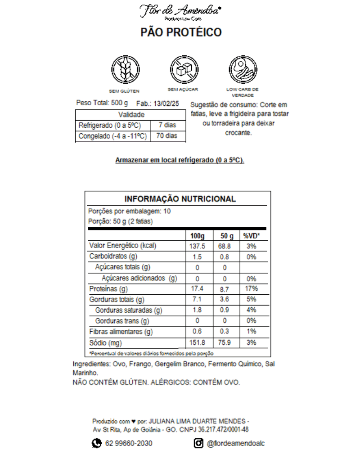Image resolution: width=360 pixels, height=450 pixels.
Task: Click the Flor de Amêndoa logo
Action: click(x=180, y=12)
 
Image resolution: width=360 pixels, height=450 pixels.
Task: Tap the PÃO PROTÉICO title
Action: click(x=181, y=32)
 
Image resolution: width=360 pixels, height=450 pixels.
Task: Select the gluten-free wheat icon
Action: click(x=124, y=69)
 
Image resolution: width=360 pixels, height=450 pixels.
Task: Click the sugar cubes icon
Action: click(x=183, y=69)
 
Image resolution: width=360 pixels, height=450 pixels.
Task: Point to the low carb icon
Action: click(x=243, y=69)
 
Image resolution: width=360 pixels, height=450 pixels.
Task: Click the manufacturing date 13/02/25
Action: click(x=166, y=103)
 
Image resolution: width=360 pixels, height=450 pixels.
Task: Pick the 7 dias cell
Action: click(x=167, y=125)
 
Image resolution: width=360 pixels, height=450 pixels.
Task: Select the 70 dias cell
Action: click(x=167, y=136)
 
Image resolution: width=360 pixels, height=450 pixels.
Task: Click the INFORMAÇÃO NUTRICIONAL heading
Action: click(x=180, y=199)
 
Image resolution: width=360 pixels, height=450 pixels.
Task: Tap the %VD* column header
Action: click(x=252, y=236)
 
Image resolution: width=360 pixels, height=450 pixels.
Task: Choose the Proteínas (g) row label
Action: click(x=109, y=289)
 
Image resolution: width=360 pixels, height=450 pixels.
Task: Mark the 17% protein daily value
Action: click(x=252, y=289)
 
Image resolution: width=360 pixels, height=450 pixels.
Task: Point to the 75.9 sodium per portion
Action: click(x=225, y=343)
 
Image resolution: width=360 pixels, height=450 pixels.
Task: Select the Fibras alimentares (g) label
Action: click(x=121, y=332)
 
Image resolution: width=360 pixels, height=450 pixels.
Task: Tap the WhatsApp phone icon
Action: click(x=96, y=443)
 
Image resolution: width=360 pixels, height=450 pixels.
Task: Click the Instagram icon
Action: click(x=198, y=443)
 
